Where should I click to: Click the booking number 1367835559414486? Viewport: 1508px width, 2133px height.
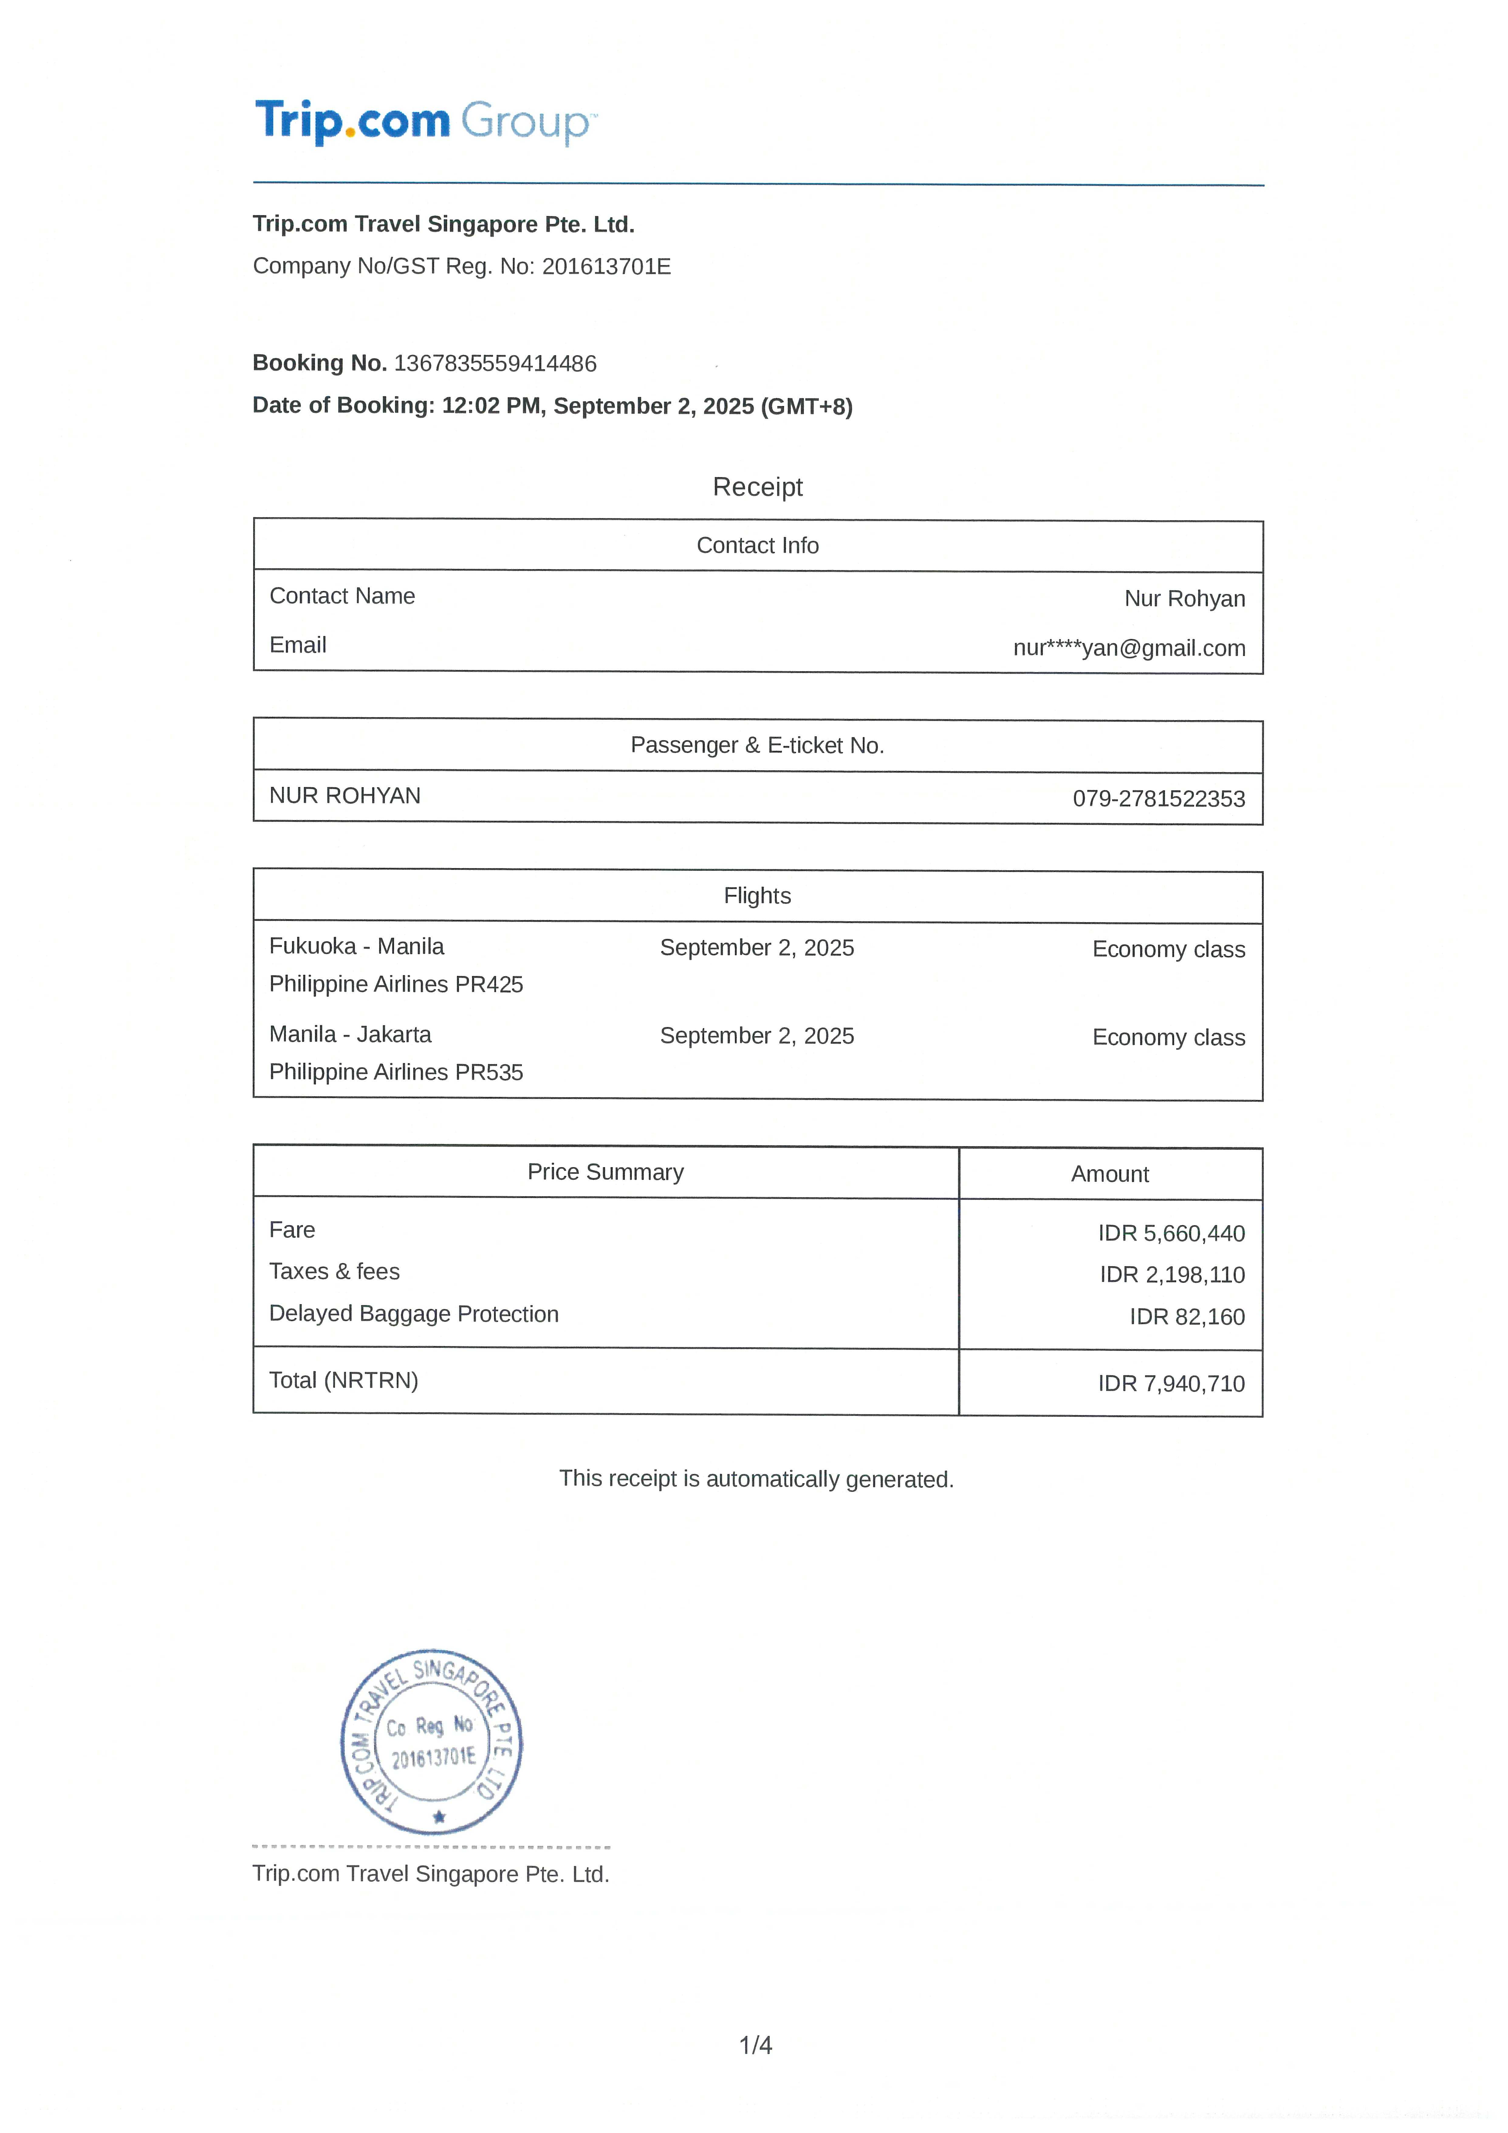coord(495,363)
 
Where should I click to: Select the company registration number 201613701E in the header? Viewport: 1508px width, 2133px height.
coord(606,267)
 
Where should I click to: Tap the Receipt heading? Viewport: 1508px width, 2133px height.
coord(757,487)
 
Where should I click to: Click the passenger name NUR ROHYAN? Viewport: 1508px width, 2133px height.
coord(344,795)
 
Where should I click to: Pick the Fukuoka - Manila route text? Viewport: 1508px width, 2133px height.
coord(357,946)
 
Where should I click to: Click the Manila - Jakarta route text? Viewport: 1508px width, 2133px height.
coord(350,1034)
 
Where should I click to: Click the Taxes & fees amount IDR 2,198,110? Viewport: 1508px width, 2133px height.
coord(1172,1275)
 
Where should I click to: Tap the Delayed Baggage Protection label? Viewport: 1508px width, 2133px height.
coord(414,1314)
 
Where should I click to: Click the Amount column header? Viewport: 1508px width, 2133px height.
coord(1110,1174)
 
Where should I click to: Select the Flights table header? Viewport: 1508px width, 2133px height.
coord(757,895)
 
